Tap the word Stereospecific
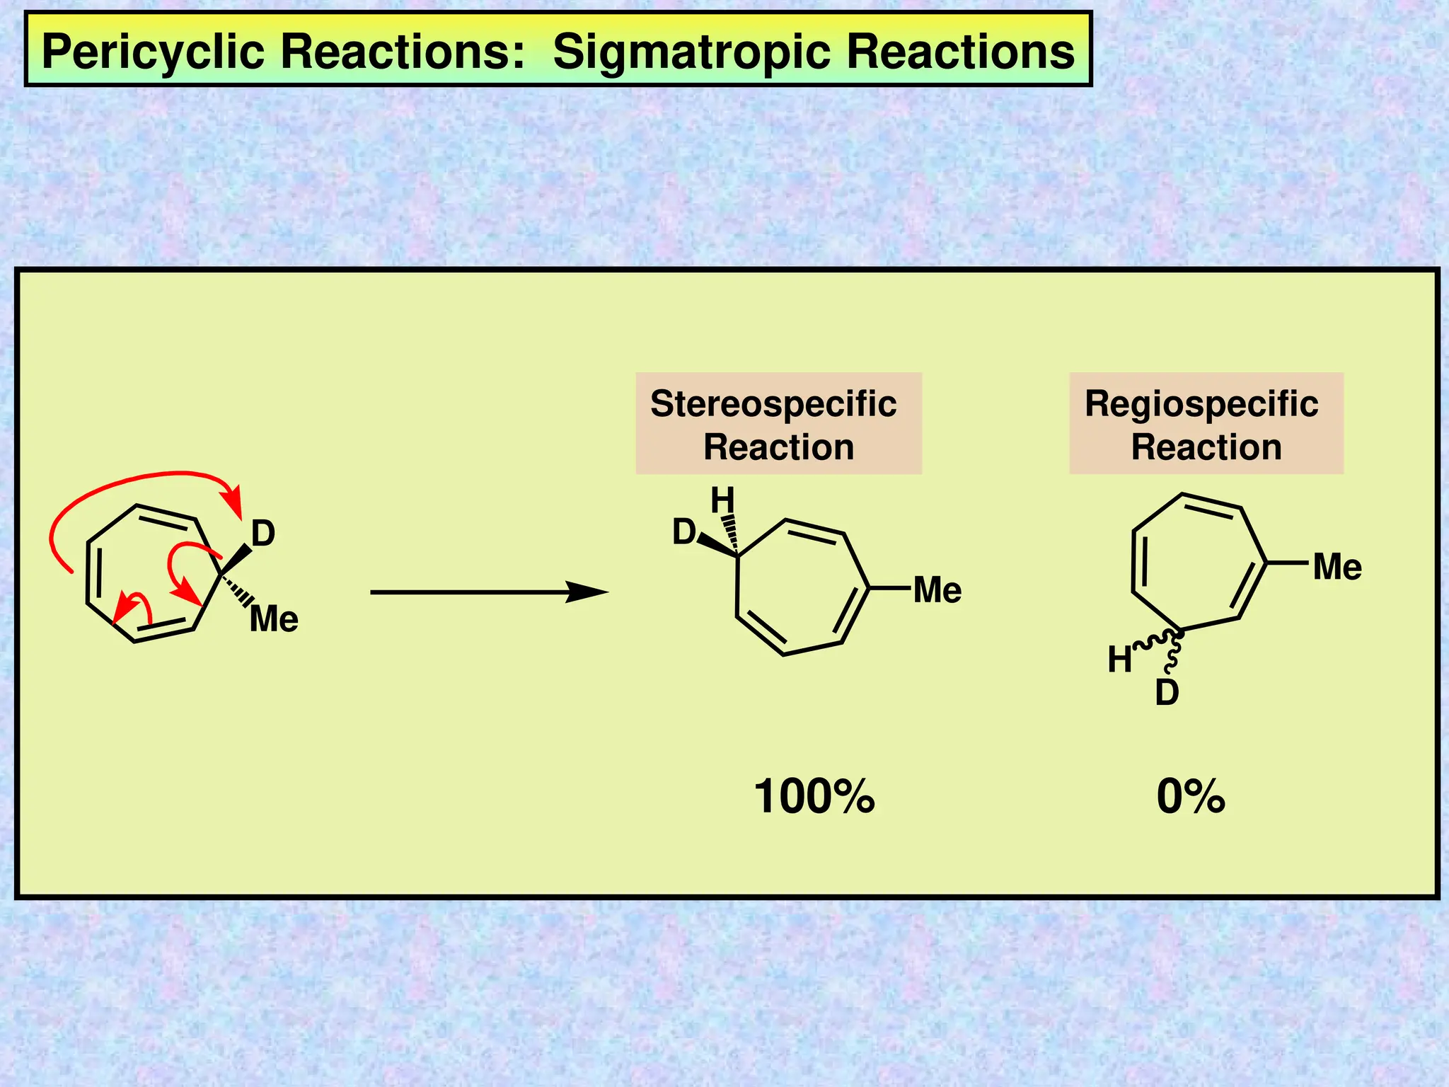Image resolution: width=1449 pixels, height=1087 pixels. coord(773,404)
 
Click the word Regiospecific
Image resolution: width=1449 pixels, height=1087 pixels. coord(1201,404)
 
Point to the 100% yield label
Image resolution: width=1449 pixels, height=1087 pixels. coord(814,796)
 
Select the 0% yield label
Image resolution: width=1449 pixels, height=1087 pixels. coord(1191,796)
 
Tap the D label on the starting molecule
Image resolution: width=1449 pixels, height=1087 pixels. coord(263,534)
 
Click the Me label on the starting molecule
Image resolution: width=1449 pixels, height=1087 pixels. coord(274,619)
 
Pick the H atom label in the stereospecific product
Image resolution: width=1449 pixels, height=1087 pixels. coord(722,501)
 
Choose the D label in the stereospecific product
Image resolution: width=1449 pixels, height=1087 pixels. coord(684,532)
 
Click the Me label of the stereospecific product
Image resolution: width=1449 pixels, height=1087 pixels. coord(937,590)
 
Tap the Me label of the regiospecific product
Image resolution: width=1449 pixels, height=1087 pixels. coord(1337,568)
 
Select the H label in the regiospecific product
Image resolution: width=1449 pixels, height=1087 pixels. coord(1120,660)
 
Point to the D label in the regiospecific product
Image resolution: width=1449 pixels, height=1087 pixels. coord(1167,693)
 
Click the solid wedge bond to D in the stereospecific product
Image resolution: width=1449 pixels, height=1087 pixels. coord(716,546)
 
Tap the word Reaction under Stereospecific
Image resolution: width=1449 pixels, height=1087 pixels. coord(778,448)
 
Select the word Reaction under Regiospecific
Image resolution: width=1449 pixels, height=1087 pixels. coord(1206,448)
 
